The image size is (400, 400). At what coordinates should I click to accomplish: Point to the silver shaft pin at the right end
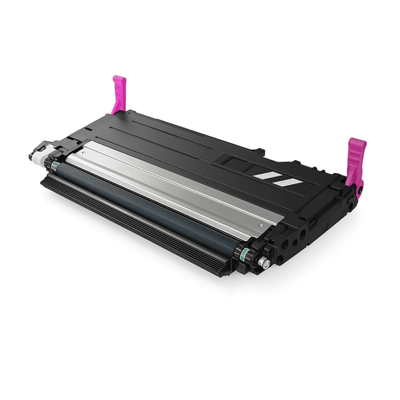click(x=266, y=263)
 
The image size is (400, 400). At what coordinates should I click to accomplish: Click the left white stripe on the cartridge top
click(x=265, y=176)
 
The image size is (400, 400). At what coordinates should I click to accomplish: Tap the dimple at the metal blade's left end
click(x=83, y=151)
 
